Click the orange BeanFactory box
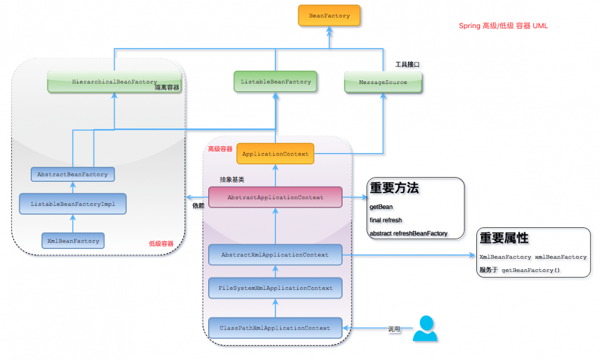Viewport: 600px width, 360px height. (329, 16)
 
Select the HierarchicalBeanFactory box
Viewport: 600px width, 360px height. (114, 82)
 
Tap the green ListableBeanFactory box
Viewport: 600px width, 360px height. (275, 82)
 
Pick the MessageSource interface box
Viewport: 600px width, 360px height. (383, 82)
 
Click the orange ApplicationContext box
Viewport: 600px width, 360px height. (275, 154)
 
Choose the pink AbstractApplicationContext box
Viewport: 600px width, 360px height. (275, 197)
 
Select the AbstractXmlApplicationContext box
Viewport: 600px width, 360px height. (275, 255)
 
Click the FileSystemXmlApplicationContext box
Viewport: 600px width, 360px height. (275, 288)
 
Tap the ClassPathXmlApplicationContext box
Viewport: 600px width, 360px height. (275, 328)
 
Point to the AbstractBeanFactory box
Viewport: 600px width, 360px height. (73, 175)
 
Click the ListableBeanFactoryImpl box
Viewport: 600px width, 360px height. (73, 204)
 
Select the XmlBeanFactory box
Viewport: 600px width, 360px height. (73, 241)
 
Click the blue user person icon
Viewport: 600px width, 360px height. (425, 329)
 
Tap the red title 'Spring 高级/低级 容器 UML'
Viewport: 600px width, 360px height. (503, 26)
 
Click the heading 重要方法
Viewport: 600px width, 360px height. (394, 188)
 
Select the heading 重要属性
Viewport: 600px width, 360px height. (504, 238)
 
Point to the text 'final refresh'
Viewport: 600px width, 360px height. (386, 220)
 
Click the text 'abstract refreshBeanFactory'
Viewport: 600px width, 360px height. (408, 233)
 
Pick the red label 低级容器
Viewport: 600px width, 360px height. (161, 244)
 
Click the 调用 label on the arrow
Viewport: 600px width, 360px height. (394, 329)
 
